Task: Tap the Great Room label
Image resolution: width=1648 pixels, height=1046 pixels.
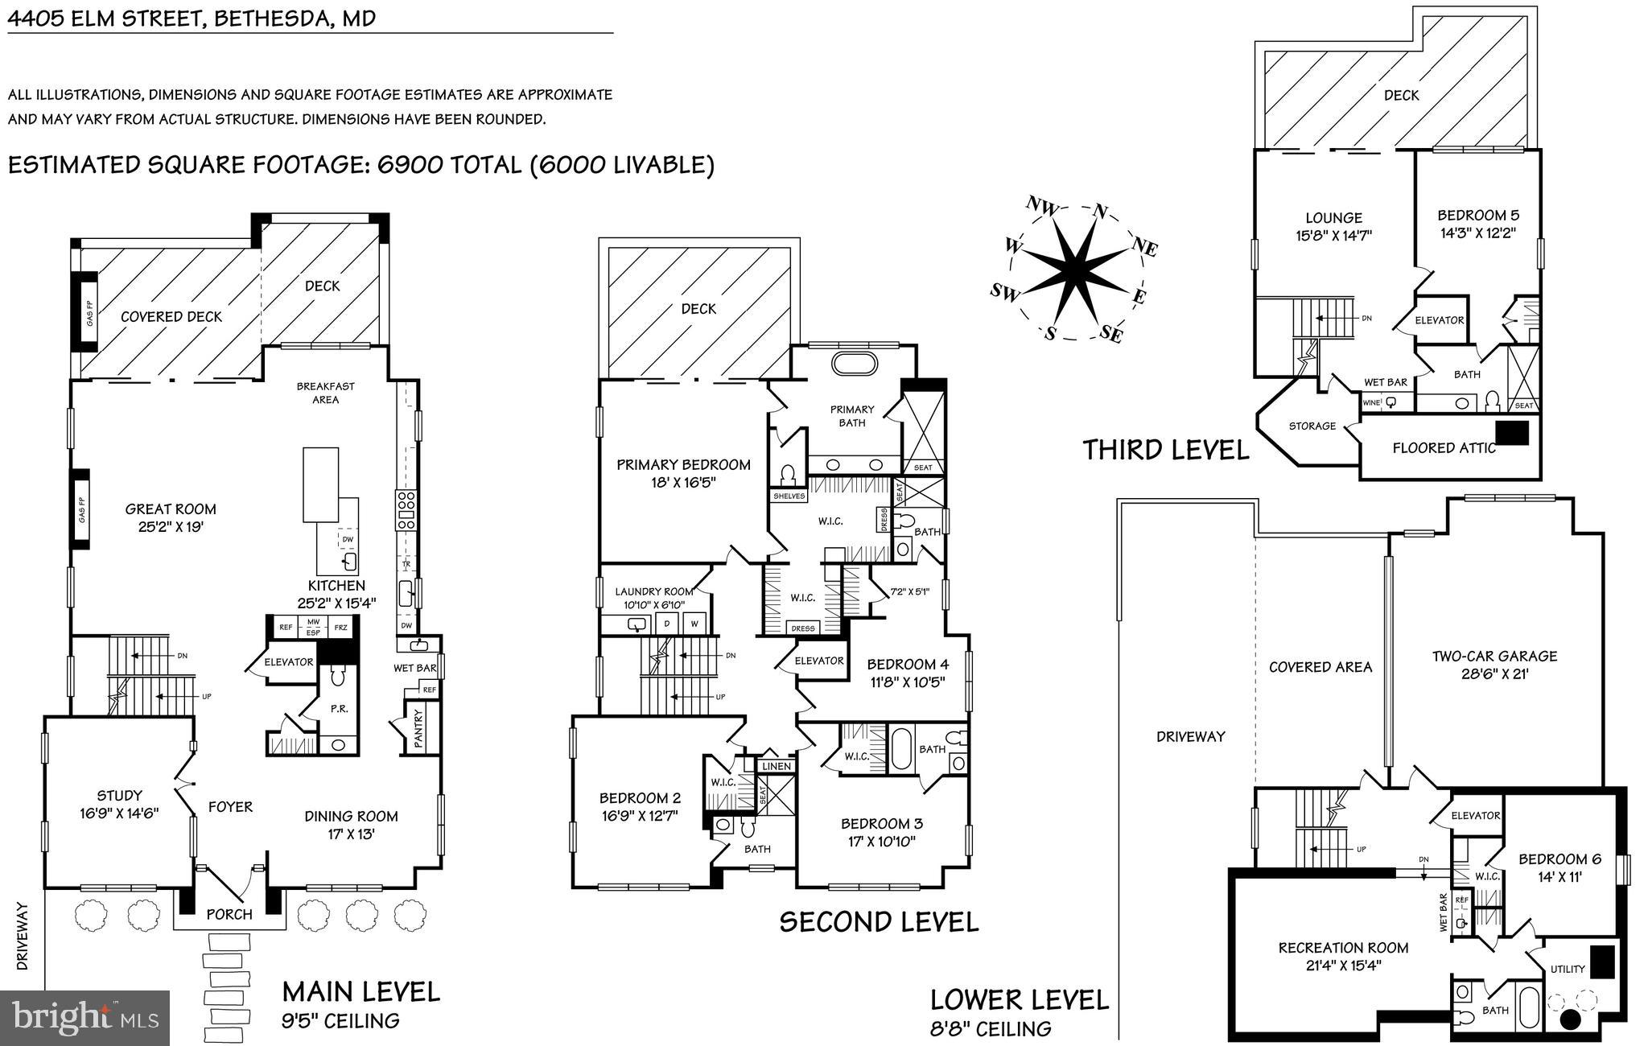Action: point(171,509)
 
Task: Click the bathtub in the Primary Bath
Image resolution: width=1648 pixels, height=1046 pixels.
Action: point(853,363)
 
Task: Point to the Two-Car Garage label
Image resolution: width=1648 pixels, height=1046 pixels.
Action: point(1494,656)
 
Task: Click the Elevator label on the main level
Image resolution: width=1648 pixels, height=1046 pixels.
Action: point(288,662)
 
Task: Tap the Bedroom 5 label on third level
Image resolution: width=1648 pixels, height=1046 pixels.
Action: point(1478,215)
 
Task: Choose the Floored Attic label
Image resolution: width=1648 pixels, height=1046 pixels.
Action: point(1444,448)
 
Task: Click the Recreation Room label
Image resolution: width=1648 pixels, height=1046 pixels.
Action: point(1343,948)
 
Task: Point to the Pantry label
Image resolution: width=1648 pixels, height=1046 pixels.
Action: point(418,729)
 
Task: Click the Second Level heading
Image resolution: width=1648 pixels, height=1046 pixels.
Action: point(879,922)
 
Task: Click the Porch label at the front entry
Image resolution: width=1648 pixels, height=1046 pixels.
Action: point(229,914)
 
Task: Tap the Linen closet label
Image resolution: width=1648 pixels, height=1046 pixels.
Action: point(776,766)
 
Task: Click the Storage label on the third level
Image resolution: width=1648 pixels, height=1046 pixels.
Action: point(1312,426)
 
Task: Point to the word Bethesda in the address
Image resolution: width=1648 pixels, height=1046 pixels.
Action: point(270,18)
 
